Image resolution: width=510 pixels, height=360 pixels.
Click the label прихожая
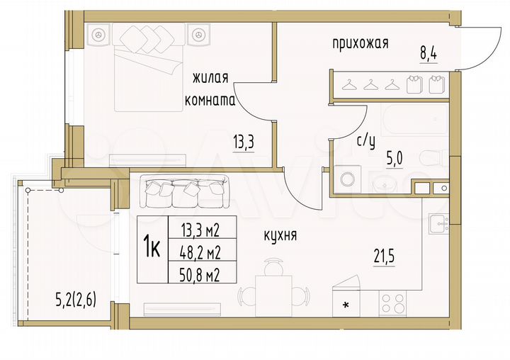pos(361,44)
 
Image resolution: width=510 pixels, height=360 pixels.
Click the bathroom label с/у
pos(365,141)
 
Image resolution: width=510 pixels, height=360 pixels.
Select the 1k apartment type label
pos(151,249)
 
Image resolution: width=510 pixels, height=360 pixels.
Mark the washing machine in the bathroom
pos(346,179)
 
